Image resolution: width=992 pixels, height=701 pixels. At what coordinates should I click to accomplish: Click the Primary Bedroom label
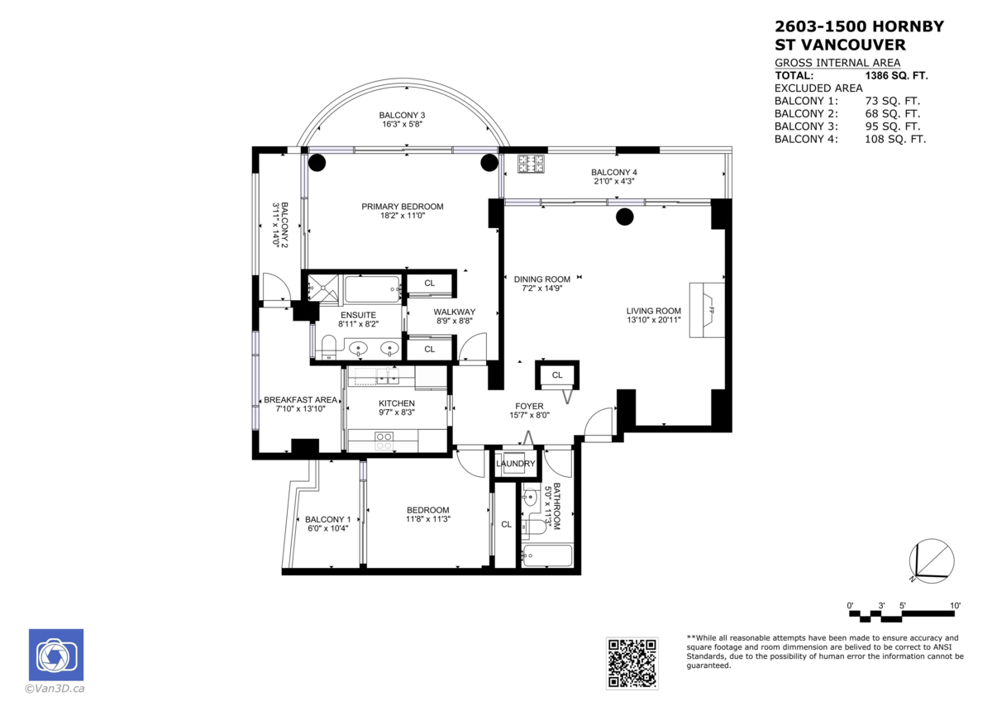pyautogui.click(x=402, y=207)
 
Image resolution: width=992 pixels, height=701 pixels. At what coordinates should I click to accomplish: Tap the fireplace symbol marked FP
pyautogui.click(x=710, y=310)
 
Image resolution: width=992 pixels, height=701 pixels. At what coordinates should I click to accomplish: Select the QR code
pyautogui.click(x=632, y=662)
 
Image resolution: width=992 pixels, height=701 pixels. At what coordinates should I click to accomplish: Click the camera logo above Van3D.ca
pyautogui.click(x=56, y=656)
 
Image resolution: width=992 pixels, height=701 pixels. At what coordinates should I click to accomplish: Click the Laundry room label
pyautogui.click(x=516, y=464)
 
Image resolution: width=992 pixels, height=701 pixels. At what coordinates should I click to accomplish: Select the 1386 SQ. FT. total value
pyautogui.click(x=896, y=75)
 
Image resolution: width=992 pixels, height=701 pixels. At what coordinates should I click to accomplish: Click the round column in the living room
pyautogui.click(x=625, y=217)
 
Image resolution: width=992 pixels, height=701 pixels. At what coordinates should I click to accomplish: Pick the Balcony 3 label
pyautogui.click(x=402, y=115)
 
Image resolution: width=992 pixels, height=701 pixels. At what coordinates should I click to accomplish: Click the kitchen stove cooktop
pyautogui.click(x=384, y=441)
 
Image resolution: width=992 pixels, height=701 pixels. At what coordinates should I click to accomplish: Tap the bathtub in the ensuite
pyautogui.click(x=372, y=289)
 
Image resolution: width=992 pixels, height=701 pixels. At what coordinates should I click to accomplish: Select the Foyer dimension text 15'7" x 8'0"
pyautogui.click(x=529, y=416)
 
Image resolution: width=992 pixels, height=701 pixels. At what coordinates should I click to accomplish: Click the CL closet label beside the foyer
pyautogui.click(x=557, y=375)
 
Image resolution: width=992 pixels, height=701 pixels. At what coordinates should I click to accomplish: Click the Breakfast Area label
pyautogui.click(x=300, y=399)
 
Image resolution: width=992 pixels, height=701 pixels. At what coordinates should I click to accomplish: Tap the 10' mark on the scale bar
pyautogui.click(x=955, y=606)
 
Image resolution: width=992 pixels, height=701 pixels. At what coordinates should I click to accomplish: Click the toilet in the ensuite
pyautogui.click(x=327, y=346)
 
